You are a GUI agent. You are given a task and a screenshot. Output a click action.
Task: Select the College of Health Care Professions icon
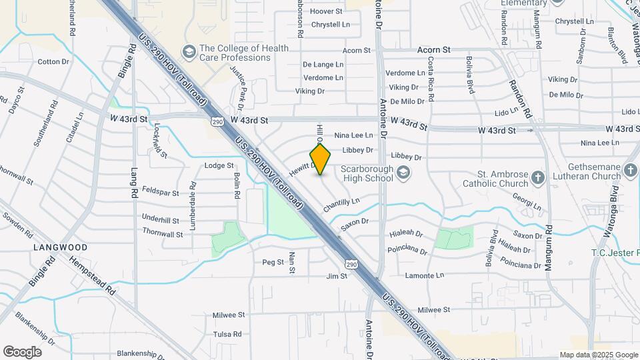(x=189, y=52)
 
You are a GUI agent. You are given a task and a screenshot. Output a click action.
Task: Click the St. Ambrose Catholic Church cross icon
(x=538, y=178)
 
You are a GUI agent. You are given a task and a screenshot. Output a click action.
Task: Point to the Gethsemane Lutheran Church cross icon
(x=631, y=170)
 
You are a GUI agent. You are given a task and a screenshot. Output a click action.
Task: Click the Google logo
(x=22, y=352)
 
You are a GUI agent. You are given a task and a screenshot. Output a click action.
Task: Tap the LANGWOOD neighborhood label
(x=60, y=247)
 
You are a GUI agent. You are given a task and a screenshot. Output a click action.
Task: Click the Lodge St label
(x=219, y=165)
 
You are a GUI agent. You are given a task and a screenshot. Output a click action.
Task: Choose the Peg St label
(x=273, y=262)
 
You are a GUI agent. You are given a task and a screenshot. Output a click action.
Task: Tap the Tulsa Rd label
(x=227, y=334)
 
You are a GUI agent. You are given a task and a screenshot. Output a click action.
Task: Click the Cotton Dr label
(x=53, y=62)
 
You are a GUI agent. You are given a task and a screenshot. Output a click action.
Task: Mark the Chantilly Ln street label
(x=341, y=205)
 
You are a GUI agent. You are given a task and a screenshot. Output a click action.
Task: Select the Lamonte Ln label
(x=424, y=275)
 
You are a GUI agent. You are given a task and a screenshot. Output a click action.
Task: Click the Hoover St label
(x=326, y=11)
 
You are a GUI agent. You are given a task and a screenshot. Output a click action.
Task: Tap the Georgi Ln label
(x=527, y=201)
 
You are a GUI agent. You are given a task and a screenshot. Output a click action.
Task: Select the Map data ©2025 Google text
(x=599, y=355)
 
